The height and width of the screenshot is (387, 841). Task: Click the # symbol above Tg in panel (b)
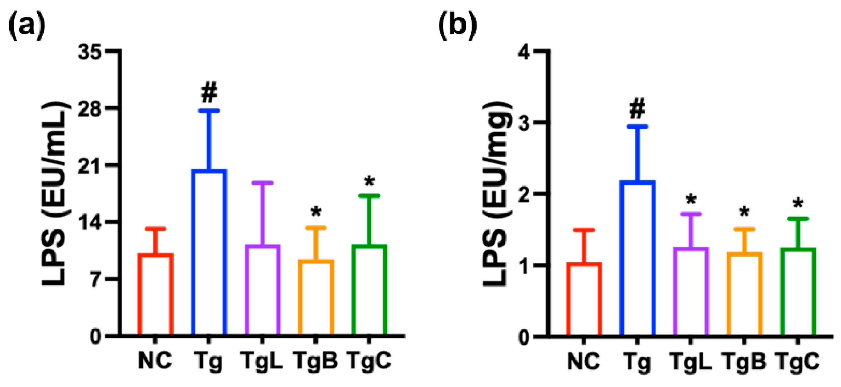(637, 110)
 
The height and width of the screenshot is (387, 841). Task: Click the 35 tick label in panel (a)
(89, 52)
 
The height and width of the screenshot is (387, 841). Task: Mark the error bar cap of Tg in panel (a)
(209, 111)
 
